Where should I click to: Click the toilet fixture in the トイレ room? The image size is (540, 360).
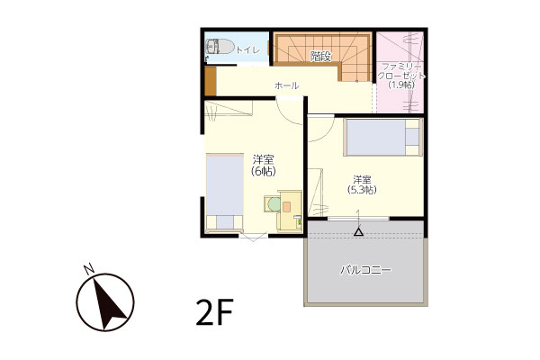tap(220, 47)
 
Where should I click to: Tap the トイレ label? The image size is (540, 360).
tap(247, 50)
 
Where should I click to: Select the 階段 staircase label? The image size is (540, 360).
tap(320, 56)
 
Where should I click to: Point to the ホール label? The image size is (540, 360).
tap(286, 85)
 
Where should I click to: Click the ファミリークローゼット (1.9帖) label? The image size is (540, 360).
tap(401, 76)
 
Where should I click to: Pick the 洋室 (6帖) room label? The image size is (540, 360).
tap(264, 166)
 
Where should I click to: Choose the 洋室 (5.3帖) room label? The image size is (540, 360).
tap(362, 184)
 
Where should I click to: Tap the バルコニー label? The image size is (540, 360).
tap(365, 270)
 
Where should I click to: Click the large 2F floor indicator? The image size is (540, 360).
tap(215, 312)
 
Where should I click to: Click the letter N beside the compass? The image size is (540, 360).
tap(89, 269)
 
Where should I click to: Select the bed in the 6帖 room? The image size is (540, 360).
tap(224, 193)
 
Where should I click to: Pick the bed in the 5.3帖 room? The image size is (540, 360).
tap(383, 137)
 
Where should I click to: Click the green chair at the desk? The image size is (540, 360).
tap(274, 204)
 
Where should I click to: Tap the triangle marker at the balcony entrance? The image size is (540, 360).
tap(358, 232)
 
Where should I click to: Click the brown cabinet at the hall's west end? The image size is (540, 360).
tap(211, 81)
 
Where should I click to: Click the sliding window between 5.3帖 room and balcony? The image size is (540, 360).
tap(358, 219)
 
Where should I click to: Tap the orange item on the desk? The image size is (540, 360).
tap(286, 206)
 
